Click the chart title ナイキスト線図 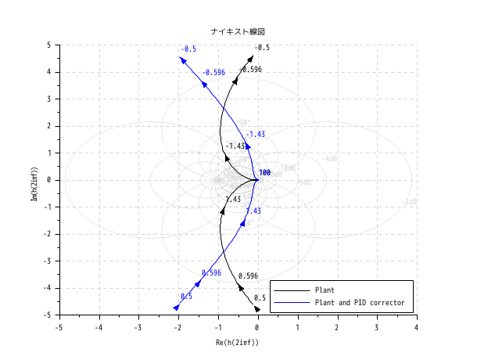tap(238, 31)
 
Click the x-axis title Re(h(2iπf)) tap(238, 343)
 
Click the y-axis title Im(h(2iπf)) tap(33, 180)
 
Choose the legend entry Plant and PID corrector tap(358, 301)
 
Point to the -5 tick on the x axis tap(59, 326)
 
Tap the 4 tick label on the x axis tap(417, 326)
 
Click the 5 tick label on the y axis tap(48, 45)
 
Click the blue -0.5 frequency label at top tap(188, 49)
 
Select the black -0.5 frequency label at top tap(262, 47)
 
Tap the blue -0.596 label tap(213, 73)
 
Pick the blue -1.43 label tap(255, 134)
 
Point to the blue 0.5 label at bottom tap(186, 297)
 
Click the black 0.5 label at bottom tap(260, 298)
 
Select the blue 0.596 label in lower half tap(211, 273)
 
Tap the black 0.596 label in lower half tap(248, 276)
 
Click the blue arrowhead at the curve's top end tap(181, 58)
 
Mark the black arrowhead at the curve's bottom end tap(256, 309)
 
